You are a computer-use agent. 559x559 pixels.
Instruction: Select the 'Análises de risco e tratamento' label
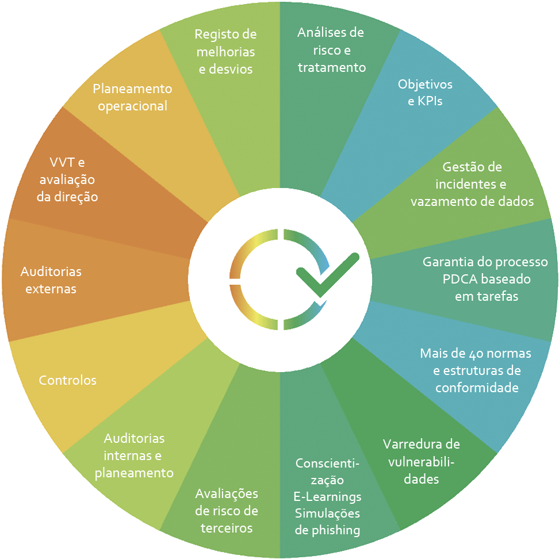pos(331,50)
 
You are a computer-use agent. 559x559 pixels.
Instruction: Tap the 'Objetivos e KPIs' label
pos(425,93)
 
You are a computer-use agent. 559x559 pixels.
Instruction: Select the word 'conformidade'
pos(477,388)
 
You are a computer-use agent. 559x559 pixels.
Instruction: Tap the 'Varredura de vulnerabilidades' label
pos(422,461)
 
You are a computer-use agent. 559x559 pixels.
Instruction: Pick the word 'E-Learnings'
pos(327,496)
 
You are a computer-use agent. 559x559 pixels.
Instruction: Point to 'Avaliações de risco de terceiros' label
pos(227,511)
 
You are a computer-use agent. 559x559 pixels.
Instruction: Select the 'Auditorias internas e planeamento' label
pos(134,455)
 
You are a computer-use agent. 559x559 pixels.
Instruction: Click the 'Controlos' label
pos(67,380)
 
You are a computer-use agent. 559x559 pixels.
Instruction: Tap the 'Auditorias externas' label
pos(51,279)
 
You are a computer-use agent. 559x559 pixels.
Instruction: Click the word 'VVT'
pos(58,163)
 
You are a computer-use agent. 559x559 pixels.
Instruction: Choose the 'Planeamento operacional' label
pos(132,97)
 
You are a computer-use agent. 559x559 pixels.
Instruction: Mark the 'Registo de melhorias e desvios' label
pos(225,51)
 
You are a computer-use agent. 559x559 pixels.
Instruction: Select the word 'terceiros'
pos(227,528)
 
